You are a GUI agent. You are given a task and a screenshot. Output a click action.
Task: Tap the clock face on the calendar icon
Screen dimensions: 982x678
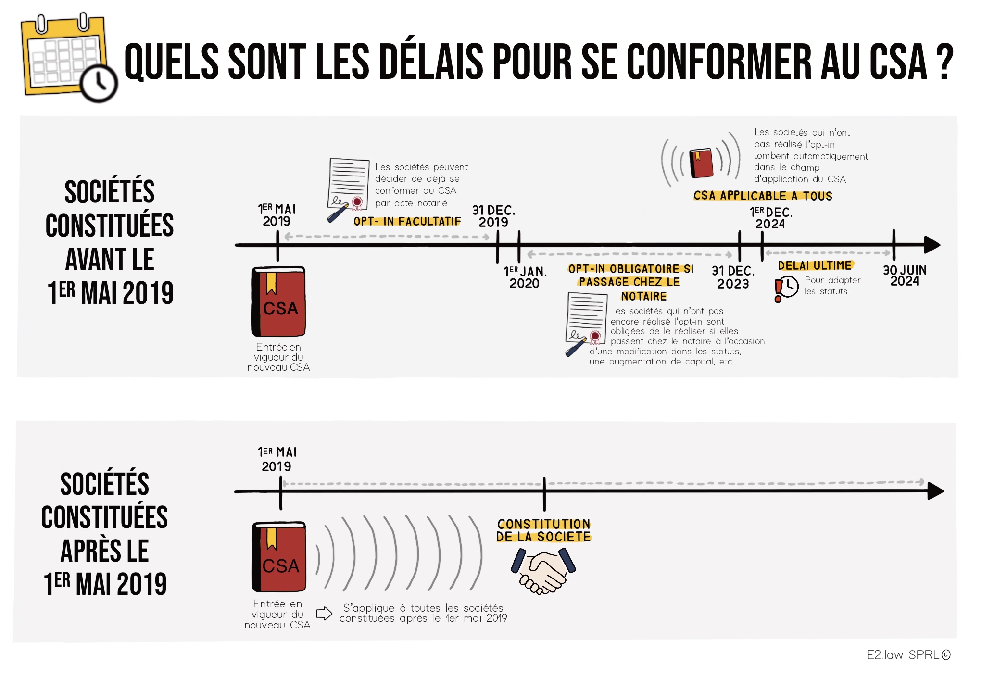tap(99, 83)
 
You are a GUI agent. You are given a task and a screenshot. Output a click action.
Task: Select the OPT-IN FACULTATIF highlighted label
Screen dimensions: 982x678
tap(407, 221)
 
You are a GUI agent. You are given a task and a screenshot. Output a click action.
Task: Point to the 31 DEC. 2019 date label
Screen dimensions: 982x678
tap(493, 216)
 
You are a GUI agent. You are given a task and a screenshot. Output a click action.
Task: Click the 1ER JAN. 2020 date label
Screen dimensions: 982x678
tap(525, 277)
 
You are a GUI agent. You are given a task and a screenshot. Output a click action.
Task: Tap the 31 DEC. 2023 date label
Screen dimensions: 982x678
tap(733, 277)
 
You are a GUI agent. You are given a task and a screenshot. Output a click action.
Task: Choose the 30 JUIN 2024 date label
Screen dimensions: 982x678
tap(905, 276)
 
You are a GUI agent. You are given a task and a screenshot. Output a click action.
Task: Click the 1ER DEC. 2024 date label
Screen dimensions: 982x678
tap(771, 218)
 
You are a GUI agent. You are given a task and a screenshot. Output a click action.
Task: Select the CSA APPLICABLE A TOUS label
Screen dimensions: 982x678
tap(763, 196)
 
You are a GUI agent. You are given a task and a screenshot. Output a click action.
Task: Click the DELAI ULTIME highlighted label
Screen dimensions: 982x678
tap(815, 265)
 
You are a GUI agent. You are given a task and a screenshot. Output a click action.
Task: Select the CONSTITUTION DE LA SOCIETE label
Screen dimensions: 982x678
tap(544, 530)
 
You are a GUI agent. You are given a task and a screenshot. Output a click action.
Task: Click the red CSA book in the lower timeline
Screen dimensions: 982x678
tap(279, 557)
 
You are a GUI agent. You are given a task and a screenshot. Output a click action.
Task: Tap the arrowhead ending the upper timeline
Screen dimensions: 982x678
tap(932, 245)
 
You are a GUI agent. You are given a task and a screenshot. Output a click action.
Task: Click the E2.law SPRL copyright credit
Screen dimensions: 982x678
tap(908, 655)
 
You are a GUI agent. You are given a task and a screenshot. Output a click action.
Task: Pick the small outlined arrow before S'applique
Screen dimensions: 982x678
tap(324, 614)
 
